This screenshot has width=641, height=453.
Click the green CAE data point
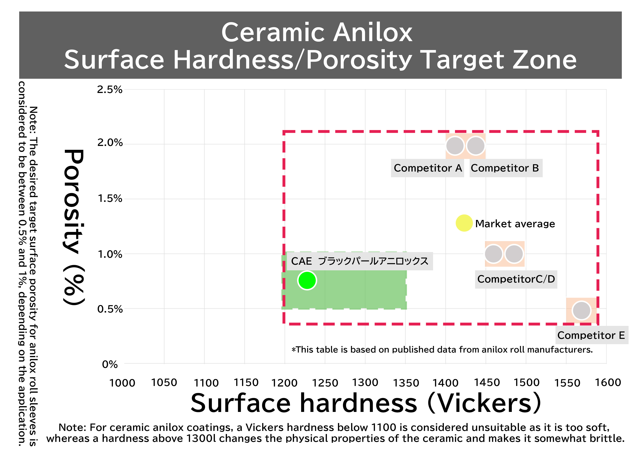(307, 280)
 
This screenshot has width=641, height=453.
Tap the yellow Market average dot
(464, 223)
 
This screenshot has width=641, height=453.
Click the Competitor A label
(428, 168)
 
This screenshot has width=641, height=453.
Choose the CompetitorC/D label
(516, 279)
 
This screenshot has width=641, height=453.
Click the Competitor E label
(591, 335)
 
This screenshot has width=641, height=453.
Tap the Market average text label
(515, 224)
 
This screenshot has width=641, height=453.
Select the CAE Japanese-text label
(360, 261)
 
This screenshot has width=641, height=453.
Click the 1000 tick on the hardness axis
(122, 383)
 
